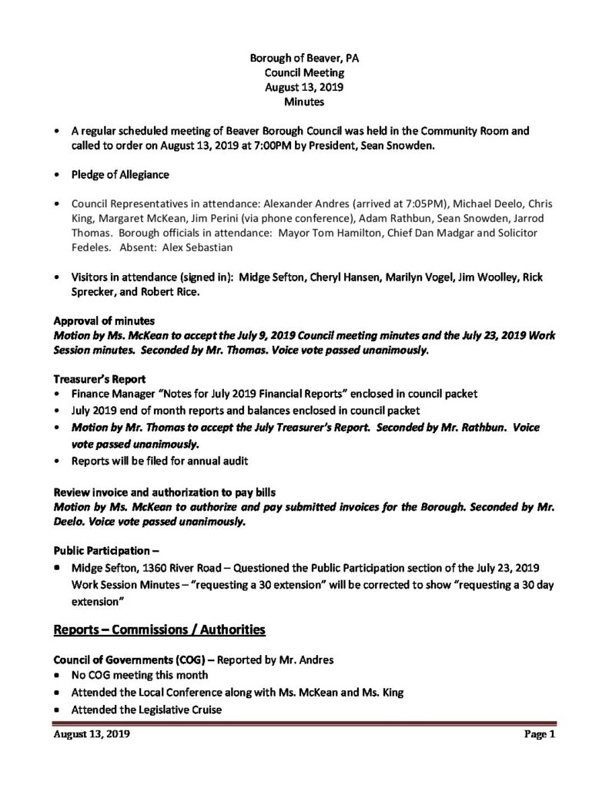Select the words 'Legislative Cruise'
175,710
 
